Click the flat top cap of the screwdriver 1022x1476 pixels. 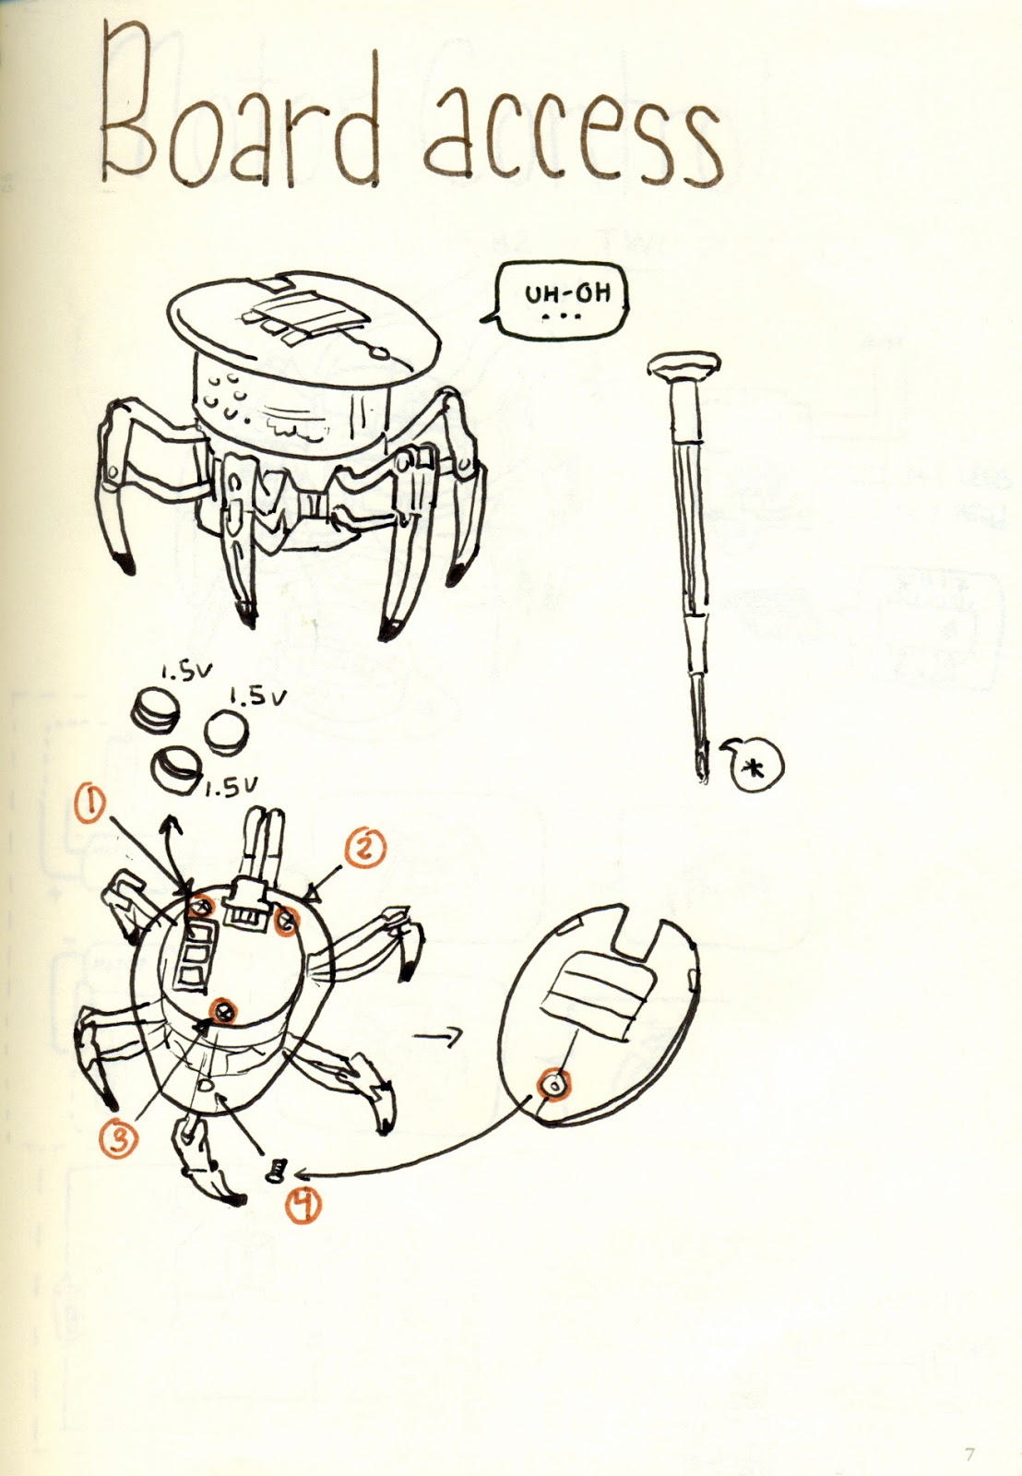coord(684,364)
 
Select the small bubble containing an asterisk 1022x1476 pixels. coord(755,762)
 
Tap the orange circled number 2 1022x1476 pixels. coord(362,849)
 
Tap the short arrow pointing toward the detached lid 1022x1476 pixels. coord(437,1037)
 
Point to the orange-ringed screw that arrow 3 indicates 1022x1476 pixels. coord(222,1009)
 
